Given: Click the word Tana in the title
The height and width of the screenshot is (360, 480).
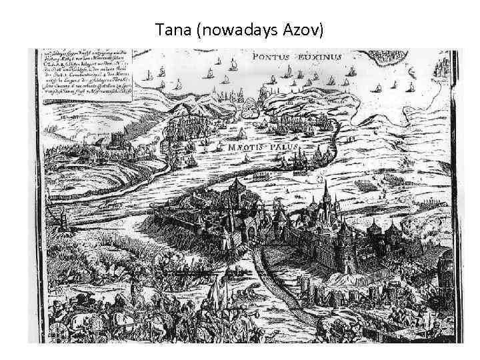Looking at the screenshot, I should tap(170, 29).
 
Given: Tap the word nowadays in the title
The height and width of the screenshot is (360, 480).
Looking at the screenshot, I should tap(236, 29).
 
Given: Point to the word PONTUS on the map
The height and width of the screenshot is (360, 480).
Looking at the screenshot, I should tap(271, 57).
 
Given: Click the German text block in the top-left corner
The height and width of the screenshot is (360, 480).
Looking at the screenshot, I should tap(87, 73).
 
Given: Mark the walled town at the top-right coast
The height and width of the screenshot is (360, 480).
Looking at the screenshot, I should tap(443, 69).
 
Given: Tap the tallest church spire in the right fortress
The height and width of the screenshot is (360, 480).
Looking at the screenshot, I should tap(326, 193).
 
